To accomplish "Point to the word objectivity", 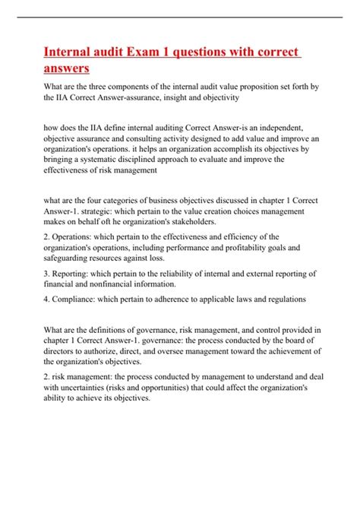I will (x=218, y=98).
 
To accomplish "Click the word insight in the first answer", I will (x=178, y=98).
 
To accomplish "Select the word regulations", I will (x=279, y=299).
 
